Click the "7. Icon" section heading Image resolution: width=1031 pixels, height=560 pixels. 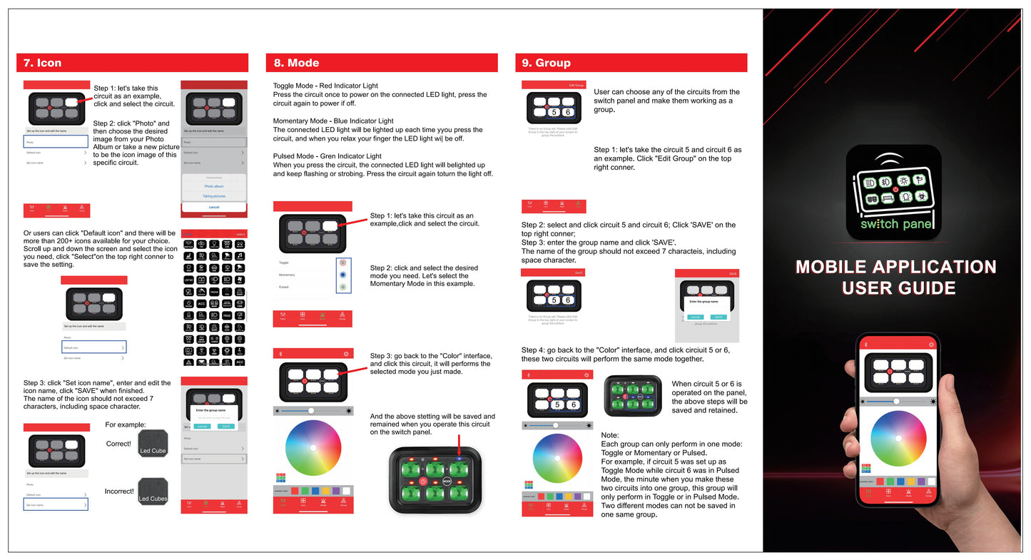42,63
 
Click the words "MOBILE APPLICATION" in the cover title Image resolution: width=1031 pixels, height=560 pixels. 895,267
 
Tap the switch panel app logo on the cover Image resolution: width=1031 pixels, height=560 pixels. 894,192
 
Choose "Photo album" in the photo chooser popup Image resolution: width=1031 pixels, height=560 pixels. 214,186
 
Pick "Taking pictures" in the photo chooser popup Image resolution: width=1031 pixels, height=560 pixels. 214,195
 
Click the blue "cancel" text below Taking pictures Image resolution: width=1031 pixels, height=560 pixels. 214,207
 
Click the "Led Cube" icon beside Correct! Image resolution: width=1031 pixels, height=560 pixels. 153,444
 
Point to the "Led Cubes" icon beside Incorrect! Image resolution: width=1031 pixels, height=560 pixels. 153,492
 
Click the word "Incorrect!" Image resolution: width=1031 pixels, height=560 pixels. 119,492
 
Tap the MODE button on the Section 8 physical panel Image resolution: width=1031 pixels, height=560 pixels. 447,482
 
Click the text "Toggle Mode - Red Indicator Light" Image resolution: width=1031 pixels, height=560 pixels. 325,86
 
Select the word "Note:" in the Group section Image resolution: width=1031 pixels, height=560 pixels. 610,435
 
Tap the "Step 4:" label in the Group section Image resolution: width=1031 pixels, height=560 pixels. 533,350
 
